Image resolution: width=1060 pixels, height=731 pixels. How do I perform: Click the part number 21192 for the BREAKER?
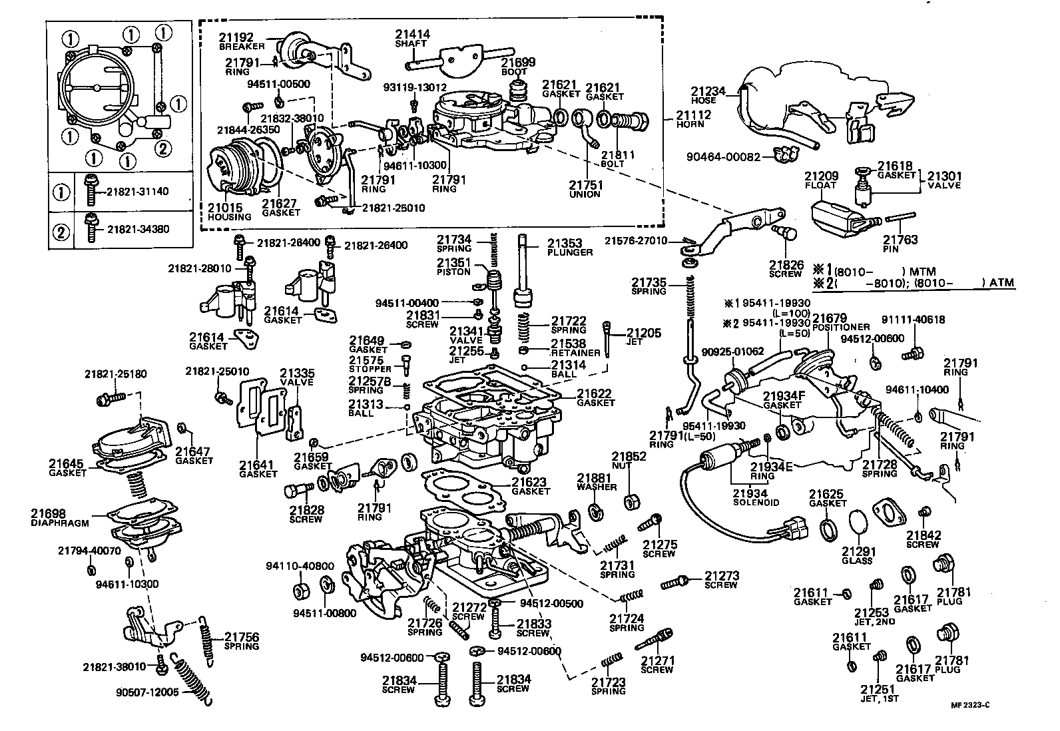pyautogui.click(x=236, y=37)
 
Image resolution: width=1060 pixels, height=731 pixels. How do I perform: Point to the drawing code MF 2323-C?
pyautogui.click(x=970, y=705)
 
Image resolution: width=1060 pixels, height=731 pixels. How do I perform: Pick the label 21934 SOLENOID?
pyautogui.click(x=756, y=498)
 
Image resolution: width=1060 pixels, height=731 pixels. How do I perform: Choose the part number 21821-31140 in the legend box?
pyautogui.click(x=137, y=192)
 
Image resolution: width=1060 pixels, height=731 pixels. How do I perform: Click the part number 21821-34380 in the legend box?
pyautogui.click(x=138, y=229)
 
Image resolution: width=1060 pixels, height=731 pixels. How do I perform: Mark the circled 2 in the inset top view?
pyautogui.click(x=162, y=149)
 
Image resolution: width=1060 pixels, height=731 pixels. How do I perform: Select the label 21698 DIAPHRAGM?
pyautogui.click(x=60, y=518)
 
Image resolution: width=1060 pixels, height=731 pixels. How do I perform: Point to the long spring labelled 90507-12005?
pyautogui.click(x=192, y=679)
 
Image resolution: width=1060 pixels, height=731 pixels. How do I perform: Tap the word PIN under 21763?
pyautogui.click(x=891, y=250)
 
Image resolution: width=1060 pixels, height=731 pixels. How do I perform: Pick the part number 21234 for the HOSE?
pyautogui.click(x=708, y=91)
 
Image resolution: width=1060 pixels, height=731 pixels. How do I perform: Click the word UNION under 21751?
pyautogui.click(x=585, y=194)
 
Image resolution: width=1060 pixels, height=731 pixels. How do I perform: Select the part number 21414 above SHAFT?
pyautogui.click(x=413, y=34)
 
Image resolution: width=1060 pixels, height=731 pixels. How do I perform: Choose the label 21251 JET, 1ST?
pyautogui.click(x=880, y=694)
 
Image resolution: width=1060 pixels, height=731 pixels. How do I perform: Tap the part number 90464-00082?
pyautogui.click(x=724, y=156)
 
